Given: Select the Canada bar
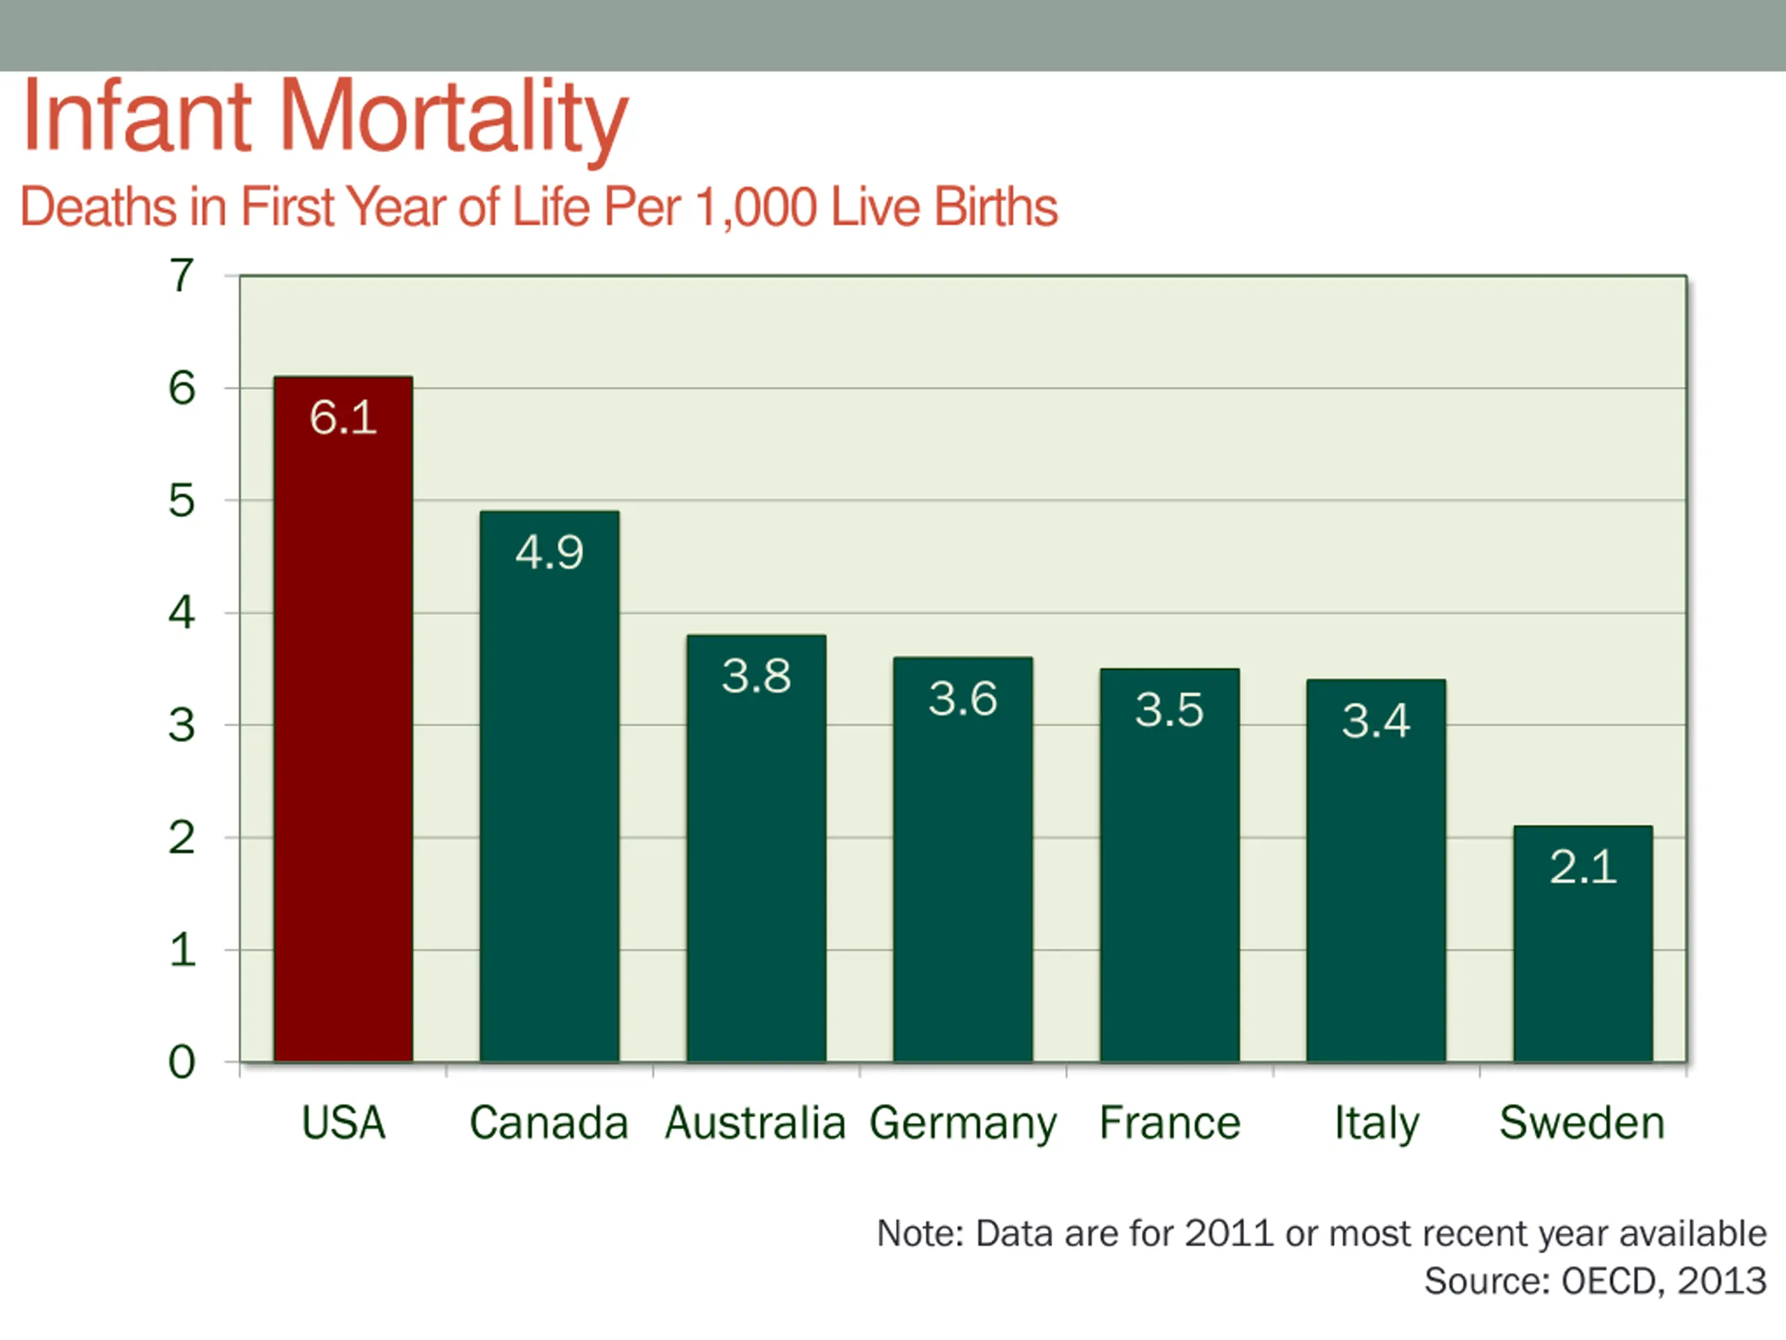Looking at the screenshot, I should point(549,807).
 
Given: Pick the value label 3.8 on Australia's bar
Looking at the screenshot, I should point(756,676).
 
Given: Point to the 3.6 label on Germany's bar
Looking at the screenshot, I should point(963,699).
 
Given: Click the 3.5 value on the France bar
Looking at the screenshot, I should point(1169,710).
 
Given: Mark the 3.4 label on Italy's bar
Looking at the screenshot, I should point(1376,720).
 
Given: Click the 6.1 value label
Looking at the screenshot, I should point(343,417).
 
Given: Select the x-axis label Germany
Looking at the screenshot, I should point(963,1124).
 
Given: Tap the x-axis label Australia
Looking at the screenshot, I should point(755,1124).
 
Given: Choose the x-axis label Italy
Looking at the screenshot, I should point(1376,1124).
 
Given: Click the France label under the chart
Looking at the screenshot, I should point(1169,1124).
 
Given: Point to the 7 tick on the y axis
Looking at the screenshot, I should point(181,276).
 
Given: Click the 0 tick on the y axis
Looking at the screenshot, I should point(181,1062).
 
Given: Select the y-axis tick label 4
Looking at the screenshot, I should point(181,613).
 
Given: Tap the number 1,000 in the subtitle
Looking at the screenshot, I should point(756,207).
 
